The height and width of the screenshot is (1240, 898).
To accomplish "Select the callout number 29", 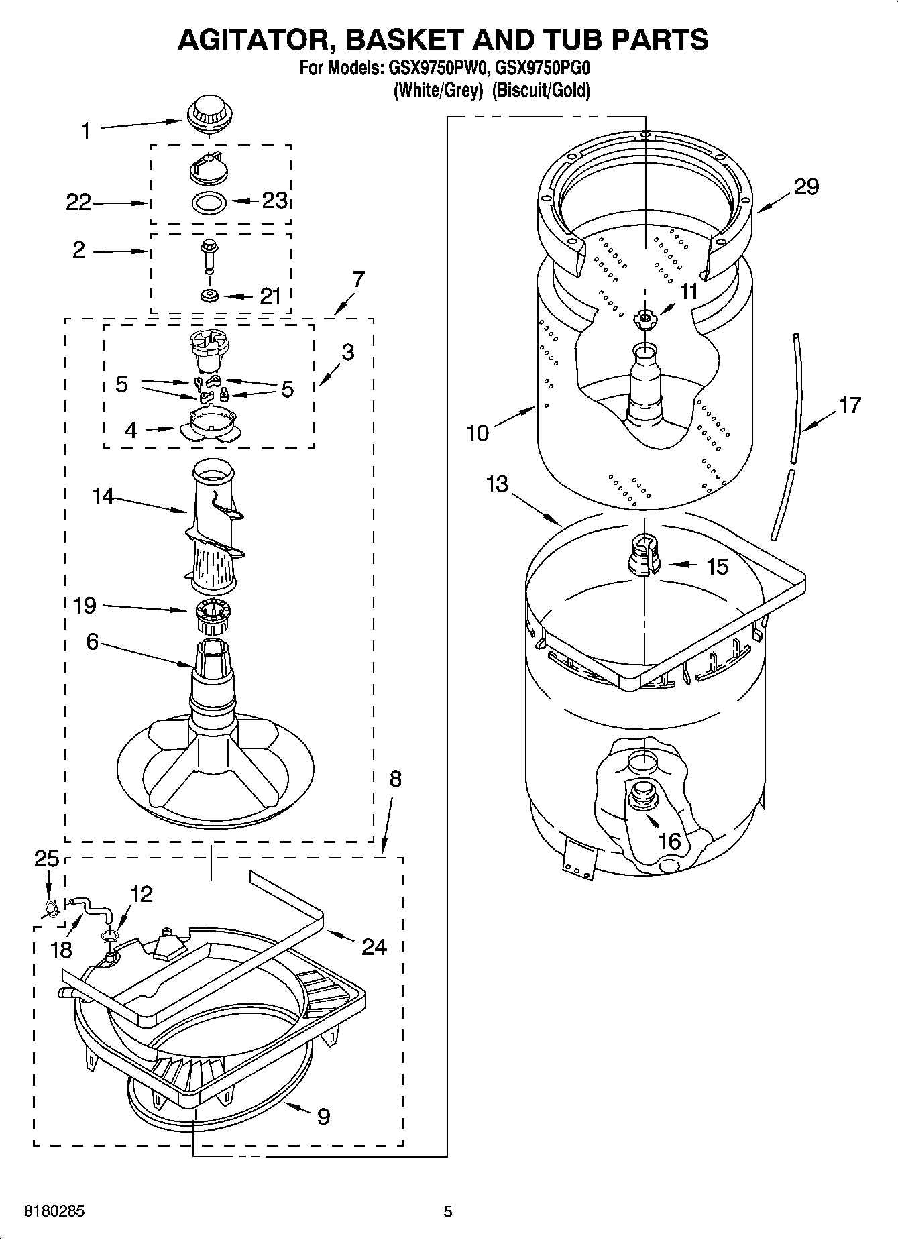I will click(806, 186).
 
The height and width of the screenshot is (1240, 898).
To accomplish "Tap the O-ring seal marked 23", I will click(209, 201).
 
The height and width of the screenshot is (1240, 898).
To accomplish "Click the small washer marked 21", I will click(209, 294).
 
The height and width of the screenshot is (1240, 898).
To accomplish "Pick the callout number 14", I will click(103, 496).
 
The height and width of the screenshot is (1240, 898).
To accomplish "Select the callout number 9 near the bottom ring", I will click(323, 1116).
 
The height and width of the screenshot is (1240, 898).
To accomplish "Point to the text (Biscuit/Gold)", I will click(541, 90).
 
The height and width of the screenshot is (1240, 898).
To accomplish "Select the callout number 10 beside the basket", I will click(478, 433).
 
